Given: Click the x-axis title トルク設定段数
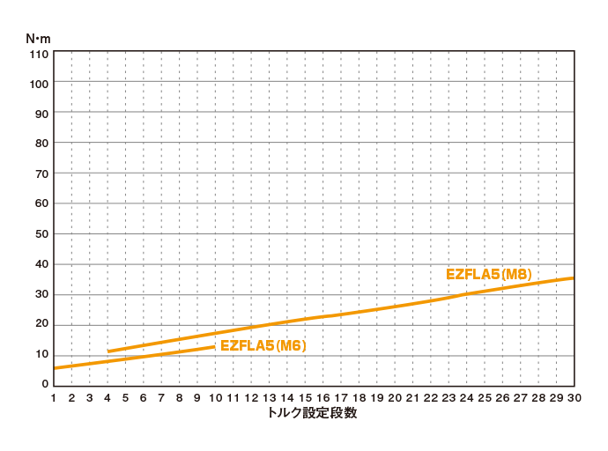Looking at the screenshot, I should point(313,412).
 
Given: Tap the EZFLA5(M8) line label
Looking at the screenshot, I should point(489,274).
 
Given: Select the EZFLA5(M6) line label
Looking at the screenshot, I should point(263,345).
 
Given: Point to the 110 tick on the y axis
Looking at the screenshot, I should point(39,53).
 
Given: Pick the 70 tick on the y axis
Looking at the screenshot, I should point(41,174).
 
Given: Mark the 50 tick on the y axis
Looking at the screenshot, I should point(41,234).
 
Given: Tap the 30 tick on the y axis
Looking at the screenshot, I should point(41,294).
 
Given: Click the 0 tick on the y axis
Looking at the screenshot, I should point(44,385).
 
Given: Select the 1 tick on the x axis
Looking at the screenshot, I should point(54,398).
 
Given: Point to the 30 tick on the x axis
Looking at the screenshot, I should point(574,398).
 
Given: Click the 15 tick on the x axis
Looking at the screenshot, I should point(305,398).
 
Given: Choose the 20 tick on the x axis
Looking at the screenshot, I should point(395,398).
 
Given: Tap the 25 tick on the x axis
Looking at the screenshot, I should point(485,398).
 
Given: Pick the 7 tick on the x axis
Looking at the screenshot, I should point(161,398).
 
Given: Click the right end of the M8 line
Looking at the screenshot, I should point(574,278).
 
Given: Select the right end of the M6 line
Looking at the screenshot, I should point(214,347).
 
